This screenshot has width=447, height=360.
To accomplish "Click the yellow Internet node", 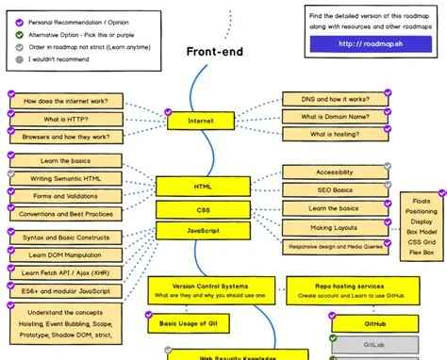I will click(201, 122).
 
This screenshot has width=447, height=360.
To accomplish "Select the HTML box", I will click(202, 187).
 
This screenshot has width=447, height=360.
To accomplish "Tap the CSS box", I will click(202, 209).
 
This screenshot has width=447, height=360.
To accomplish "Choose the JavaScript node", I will click(202, 231).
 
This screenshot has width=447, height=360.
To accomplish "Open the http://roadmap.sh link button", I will click(371, 43).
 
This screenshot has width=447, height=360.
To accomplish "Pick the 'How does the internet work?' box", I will click(64, 101).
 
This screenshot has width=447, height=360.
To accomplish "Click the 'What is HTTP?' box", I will click(64, 119).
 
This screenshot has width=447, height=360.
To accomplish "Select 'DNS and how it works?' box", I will click(335, 100).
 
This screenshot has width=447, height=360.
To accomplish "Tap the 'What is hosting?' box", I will click(335, 135).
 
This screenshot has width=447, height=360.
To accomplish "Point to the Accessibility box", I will click(335, 172).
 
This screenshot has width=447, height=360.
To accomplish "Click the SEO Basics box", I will click(335, 190).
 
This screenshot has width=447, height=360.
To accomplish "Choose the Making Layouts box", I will click(335, 228).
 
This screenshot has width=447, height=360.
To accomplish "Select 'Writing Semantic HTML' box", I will click(64, 177).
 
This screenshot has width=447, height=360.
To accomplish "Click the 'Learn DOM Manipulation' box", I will click(64, 254).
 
